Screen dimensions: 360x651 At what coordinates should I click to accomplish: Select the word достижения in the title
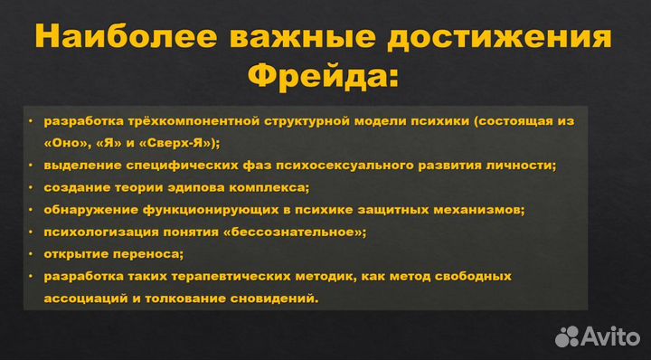[512, 40]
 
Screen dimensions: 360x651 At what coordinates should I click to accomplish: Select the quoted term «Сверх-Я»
[181, 143]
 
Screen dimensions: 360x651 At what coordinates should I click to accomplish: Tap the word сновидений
[277, 298]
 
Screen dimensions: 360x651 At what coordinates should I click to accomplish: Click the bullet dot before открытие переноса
[31, 254]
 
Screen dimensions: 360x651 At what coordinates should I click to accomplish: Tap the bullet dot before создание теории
[31, 188]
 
